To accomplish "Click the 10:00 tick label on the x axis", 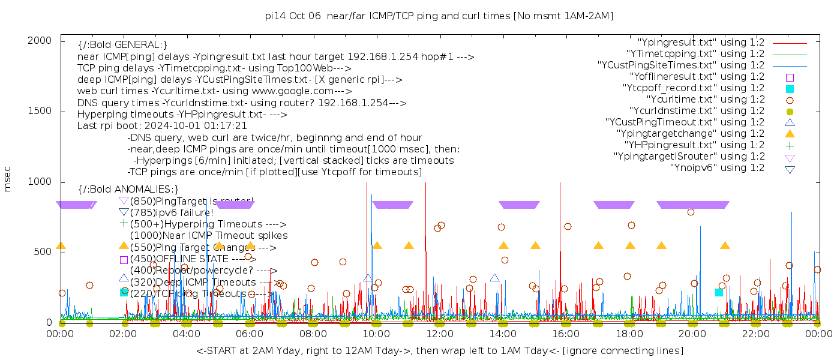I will click(x=376, y=334).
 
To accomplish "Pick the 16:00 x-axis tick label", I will click(x=566, y=334).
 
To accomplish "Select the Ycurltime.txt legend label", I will click(x=706, y=100).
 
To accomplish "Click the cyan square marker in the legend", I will click(x=790, y=88).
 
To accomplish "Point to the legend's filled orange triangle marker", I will click(x=790, y=134).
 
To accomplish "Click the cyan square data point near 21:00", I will click(x=719, y=292).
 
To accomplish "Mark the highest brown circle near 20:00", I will click(x=691, y=212).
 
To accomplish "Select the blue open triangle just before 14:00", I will click(x=494, y=278).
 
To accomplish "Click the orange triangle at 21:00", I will click(x=725, y=245).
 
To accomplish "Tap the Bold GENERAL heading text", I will click(x=122, y=45).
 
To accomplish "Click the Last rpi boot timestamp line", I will click(x=162, y=126).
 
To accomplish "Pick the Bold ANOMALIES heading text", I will click(x=128, y=190).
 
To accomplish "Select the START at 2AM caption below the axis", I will click(x=439, y=350).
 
